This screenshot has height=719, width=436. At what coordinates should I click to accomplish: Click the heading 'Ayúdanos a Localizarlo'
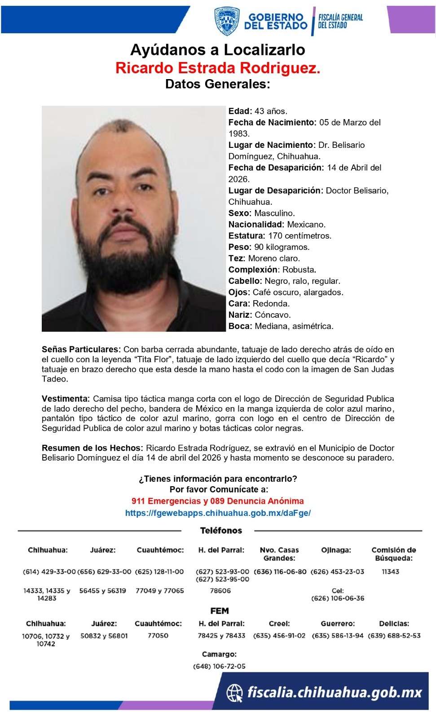(218, 49)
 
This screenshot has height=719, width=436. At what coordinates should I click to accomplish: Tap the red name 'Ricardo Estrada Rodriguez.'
(218, 68)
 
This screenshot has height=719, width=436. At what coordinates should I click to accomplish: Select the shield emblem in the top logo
(227, 21)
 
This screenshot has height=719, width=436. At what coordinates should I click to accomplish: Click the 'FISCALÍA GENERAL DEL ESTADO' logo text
(340, 21)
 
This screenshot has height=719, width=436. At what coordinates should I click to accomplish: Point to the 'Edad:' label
(240, 111)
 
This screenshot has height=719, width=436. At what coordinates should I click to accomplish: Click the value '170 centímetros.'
(300, 235)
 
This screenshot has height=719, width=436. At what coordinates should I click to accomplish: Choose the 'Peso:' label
(240, 247)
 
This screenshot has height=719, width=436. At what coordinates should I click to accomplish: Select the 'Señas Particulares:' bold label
(81, 349)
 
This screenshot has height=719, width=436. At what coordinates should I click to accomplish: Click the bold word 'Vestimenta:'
(66, 399)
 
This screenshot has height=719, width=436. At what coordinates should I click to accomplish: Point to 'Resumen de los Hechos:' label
(92, 448)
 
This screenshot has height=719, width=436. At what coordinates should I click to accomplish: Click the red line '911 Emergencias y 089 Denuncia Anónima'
(218, 501)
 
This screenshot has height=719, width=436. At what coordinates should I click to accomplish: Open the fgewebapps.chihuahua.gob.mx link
(218, 513)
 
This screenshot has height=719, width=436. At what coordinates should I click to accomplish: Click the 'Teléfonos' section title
(221, 531)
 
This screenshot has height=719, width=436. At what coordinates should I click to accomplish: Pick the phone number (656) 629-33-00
(104, 572)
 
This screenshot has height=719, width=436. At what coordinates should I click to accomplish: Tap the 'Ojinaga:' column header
(336, 550)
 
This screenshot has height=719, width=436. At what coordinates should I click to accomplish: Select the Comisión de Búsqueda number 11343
(390, 572)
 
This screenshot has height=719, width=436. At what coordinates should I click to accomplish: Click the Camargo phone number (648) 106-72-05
(219, 666)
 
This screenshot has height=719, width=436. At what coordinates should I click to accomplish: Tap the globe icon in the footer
(234, 692)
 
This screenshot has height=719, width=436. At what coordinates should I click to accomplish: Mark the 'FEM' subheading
(220, 611)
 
